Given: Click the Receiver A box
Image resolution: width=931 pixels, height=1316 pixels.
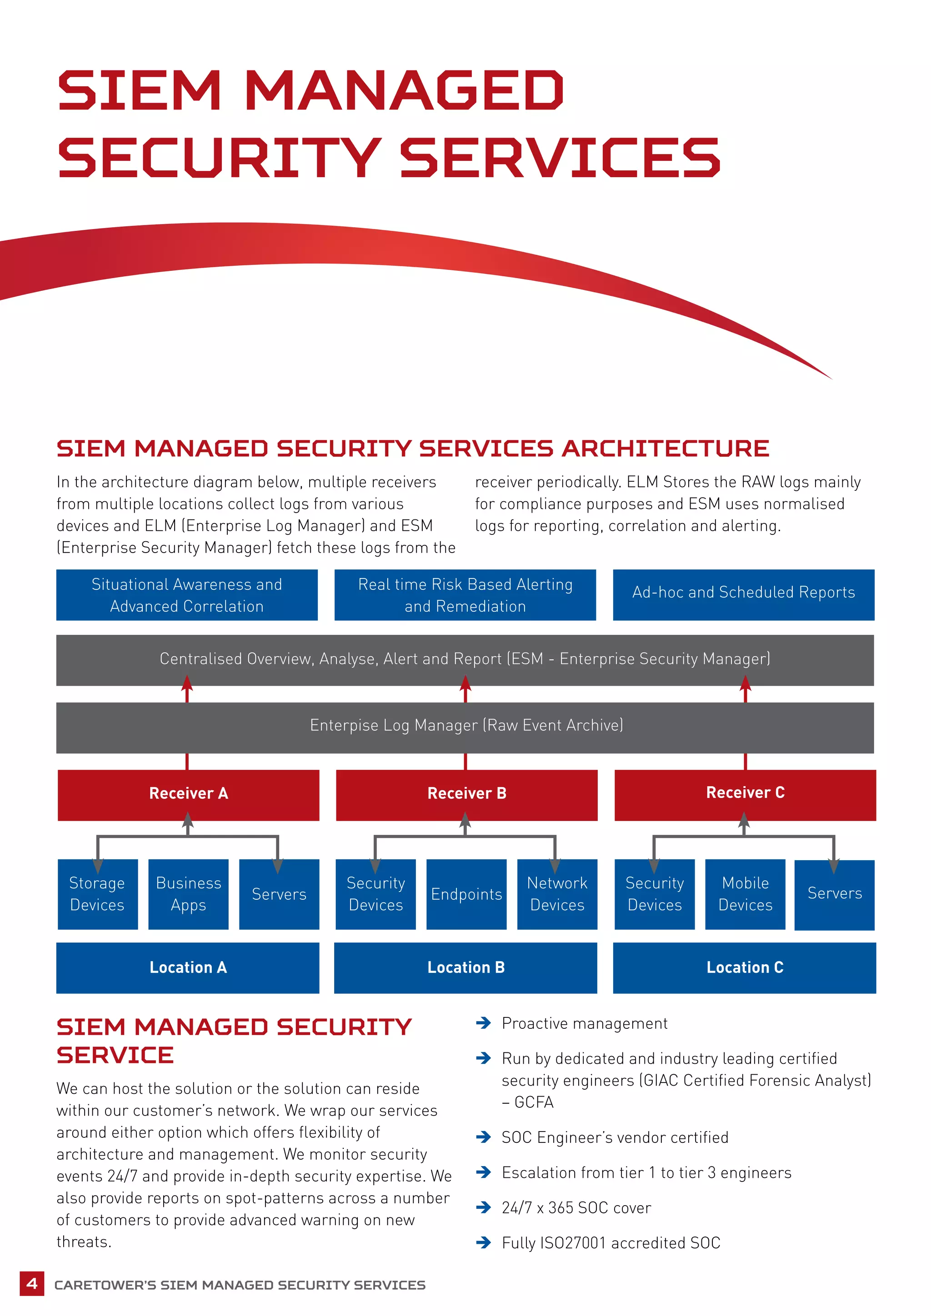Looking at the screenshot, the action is [x=188, y=794].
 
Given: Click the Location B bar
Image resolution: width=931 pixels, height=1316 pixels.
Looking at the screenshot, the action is [x=465, y=967].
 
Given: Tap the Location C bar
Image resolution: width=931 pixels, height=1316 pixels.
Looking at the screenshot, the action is [x=744, y=967].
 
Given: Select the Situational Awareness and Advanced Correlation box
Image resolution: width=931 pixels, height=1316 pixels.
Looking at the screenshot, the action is [x=187, y=594].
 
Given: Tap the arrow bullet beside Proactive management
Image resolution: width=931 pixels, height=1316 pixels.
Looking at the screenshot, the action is [x=483, y=1023].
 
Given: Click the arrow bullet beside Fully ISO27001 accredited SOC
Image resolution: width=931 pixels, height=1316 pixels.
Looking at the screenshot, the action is [x=483, y=1242].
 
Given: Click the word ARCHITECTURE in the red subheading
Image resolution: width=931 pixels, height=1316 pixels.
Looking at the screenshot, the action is [x=665, y=448].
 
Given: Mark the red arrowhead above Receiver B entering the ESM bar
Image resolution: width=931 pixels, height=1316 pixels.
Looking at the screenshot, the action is [x=465, y=683].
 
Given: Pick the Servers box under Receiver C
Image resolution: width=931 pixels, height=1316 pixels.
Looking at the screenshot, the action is [x=834, y=894].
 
